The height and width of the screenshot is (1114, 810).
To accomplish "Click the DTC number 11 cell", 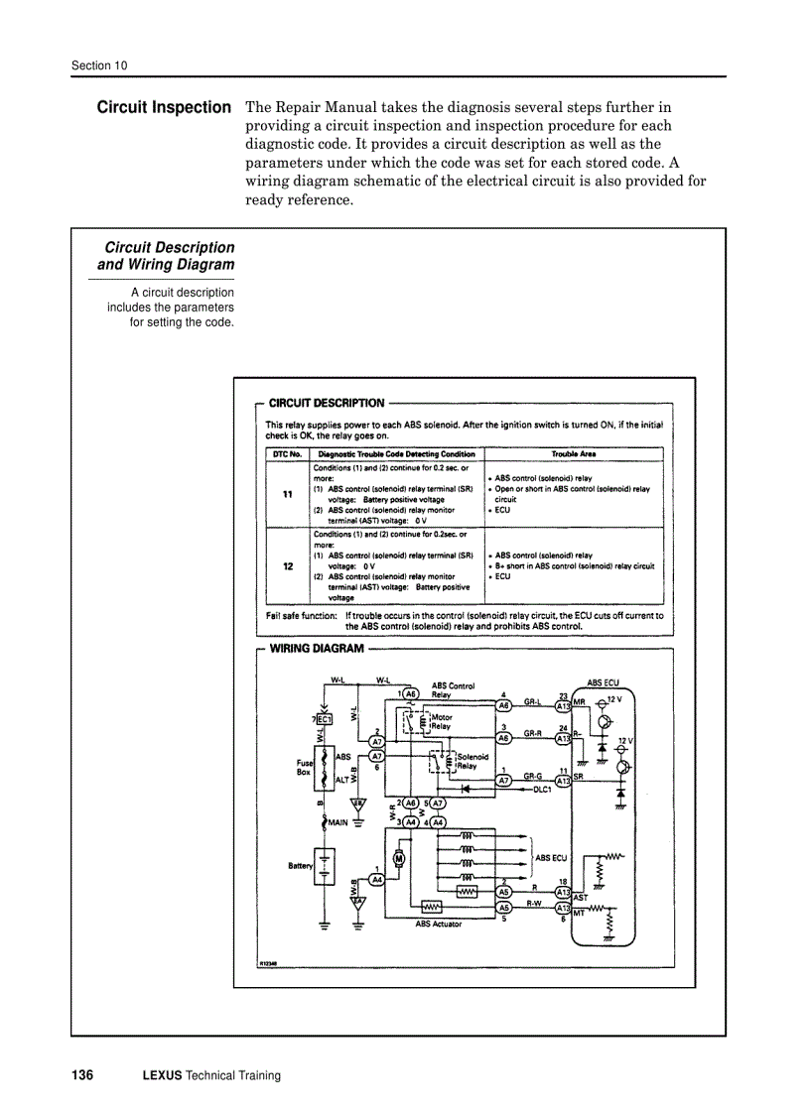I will pos(288,494).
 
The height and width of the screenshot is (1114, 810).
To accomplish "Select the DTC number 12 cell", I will pos(288,565).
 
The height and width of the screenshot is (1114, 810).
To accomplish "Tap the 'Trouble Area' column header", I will pos(574,454).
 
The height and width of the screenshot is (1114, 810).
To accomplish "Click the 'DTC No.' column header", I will pos(288,454).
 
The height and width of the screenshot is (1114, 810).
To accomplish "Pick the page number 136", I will pos(82,1075).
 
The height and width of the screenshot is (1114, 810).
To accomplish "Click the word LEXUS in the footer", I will pos(162,1075).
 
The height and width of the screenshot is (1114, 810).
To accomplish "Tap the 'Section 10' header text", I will pos(99,66).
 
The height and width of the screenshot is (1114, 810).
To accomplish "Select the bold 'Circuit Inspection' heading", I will pos(164,107).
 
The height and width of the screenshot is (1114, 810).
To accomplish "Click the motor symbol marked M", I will pos(399,858).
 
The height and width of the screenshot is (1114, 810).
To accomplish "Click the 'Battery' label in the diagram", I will pos(300,865).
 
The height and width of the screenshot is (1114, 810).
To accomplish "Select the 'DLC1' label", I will pos(542,790).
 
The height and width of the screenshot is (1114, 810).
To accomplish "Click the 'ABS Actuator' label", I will pos(438,924).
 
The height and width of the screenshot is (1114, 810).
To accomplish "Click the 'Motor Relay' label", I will pos(442,721).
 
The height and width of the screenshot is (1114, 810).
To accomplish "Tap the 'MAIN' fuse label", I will pos(337,821).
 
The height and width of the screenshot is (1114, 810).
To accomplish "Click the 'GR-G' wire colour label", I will pos(533,776).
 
